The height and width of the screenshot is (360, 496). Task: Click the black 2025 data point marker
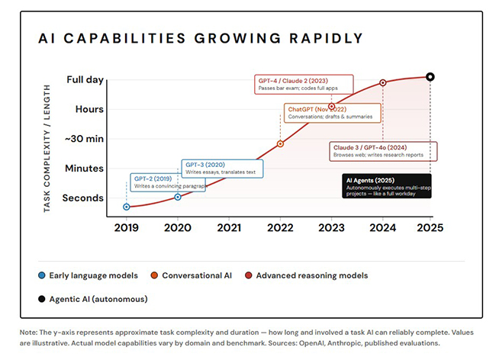coord(430,77)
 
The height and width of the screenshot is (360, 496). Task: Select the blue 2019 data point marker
coord(127,207)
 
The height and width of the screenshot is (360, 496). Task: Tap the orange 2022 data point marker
coord(280,144)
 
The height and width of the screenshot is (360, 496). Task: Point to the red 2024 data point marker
coord(383,83)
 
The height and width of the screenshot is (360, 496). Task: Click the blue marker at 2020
coord(178,197)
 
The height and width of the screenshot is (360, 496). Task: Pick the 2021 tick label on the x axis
coord(229,227)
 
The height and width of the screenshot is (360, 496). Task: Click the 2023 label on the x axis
coord(331,227)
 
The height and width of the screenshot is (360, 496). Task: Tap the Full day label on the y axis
coord(85,79)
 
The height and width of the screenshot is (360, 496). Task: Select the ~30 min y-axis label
coord(84,139)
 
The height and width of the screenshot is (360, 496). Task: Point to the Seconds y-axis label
coord(83,198)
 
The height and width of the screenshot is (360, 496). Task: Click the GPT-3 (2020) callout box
coord(222,169)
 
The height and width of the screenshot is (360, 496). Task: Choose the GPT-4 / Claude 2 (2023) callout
coord(304,85)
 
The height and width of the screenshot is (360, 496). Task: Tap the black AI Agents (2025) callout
coord(387,186)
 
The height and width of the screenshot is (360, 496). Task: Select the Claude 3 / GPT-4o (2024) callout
coord(383,151)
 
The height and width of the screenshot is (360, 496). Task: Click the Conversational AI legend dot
coord(154,275)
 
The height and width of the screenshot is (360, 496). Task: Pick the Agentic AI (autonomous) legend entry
coord(92,299)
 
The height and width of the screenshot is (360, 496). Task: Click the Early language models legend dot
coord(41,275)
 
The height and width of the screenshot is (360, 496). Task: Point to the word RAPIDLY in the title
coord(326,39)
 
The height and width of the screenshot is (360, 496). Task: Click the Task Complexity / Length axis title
coord(47,149)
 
